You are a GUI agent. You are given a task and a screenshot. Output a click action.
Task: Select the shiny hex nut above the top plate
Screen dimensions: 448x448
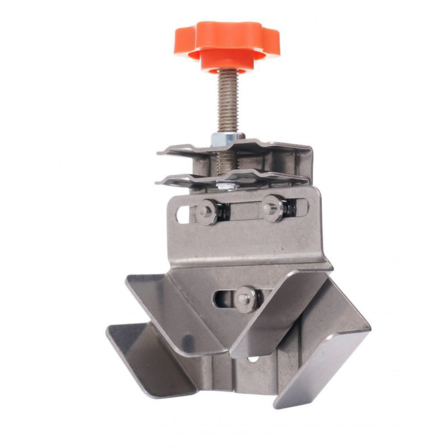click(x=228, y=138)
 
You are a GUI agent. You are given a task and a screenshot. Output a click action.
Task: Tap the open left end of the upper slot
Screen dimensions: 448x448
click(x=182, y=214)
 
